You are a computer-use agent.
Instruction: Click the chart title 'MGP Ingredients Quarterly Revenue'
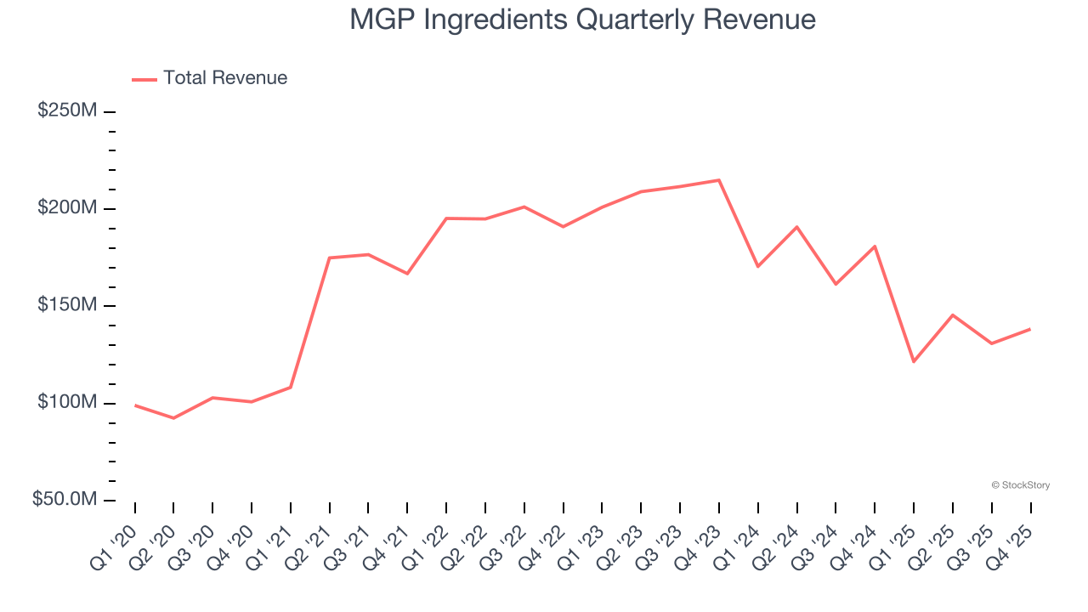tap(583, 20)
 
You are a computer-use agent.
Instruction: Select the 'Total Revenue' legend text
tap(225, 78)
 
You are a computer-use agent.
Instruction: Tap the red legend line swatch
tap(144, 79)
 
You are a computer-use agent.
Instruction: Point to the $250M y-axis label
tap(67, 111)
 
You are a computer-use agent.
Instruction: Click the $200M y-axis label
tap(67, 208)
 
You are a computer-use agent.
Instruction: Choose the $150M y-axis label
tap(67, 305)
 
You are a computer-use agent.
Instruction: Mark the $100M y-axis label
tap(67, 402)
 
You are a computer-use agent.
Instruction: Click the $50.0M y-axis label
tap(65, 500)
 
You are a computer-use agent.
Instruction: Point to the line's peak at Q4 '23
tap(719, 180)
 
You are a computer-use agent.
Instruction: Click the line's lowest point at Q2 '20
tap(173, 418)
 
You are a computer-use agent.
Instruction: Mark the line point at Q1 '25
tap(914, 362)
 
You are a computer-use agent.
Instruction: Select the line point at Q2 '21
tap(329, 258)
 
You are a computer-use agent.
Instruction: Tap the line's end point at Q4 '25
tap(1030, 329)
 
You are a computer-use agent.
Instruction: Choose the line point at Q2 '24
tap(796, 227)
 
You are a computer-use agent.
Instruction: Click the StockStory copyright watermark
tap(1020, 485)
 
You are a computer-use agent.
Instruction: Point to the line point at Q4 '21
tap(407, 274)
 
